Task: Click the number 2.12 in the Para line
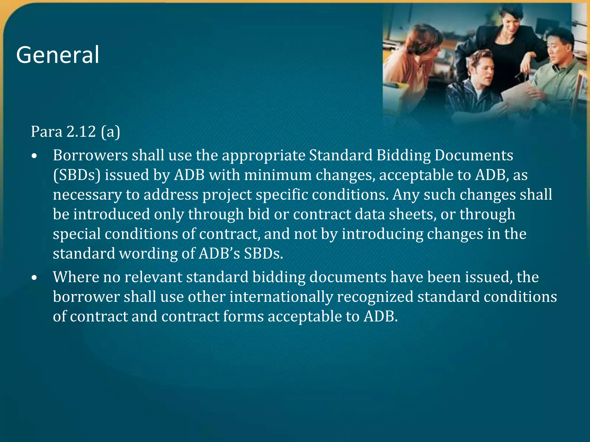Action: click(81, 132)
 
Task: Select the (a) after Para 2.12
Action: click(111, 132)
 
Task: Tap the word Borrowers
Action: click(90, 155)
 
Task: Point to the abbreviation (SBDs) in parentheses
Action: click(77, 175)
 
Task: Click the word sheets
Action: click(412, 214)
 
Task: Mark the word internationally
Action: click(281, 297)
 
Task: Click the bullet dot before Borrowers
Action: click(35, 156)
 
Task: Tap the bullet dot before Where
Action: click(35, 278)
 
